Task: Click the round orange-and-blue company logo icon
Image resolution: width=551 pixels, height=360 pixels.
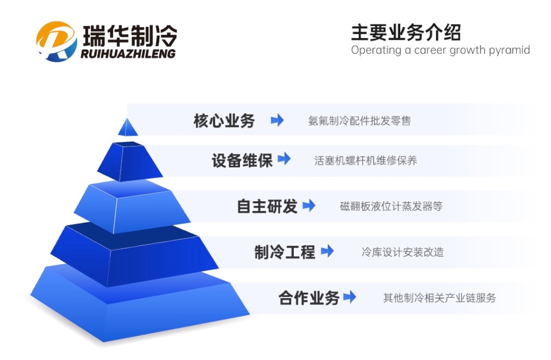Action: [x=56, y=41]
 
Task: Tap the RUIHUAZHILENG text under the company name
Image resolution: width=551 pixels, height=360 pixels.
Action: [x=128, y=54]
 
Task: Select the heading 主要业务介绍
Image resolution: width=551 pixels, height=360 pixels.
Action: [x=406, y=32]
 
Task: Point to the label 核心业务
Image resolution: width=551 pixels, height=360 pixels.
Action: [x=224, y=121]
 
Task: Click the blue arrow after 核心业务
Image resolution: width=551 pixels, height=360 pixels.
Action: [x=277, y=120]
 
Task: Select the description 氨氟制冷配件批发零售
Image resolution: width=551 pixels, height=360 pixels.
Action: [x=359, y=121]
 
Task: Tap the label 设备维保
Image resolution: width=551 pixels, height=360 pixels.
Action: [x=242, y=161]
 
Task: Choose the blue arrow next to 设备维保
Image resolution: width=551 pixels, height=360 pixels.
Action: [x=284, y=159]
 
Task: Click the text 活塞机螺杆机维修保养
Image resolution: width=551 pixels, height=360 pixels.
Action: [x=365, y=161]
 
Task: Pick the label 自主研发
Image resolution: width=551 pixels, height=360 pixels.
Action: [x=267, y=206]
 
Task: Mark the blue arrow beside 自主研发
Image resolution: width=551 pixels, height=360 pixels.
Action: [x=309, y=206]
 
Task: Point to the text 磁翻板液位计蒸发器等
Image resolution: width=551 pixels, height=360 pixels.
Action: [x=391, y=206]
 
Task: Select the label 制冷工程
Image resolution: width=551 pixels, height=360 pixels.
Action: [x=285, y=252]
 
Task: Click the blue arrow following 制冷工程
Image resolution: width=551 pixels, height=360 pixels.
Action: [x=327, y=251]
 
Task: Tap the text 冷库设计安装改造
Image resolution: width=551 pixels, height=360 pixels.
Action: [x=402, y=252]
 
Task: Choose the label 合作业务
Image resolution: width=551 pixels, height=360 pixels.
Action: [x=309, y=298]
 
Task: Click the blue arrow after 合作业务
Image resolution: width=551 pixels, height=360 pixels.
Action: [x=350, y=297]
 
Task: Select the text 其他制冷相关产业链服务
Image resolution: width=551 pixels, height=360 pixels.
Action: [x=440, y=298]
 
